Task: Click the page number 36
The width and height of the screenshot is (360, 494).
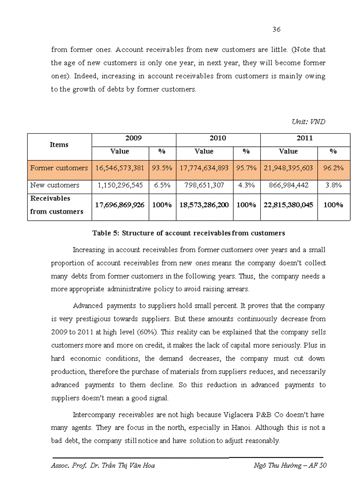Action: click(x=276, y=29)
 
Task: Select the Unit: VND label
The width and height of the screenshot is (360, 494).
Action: click(x=308, y=121)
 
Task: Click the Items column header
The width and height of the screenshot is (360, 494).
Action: click(x=59, y=145)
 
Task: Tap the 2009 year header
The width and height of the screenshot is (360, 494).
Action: click(x=134, y=138)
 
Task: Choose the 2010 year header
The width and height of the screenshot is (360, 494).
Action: click(x=218, y=138)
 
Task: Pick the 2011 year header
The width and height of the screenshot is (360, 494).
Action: click(x=305, y=138)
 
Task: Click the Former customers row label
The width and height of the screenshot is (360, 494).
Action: click(x=59, y=168)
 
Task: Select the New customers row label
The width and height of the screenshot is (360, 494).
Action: click(x=55, y=185)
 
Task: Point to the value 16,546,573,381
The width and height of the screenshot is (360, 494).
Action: click(x=120, y=168)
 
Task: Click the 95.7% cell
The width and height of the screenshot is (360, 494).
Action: click(x=246, y=168)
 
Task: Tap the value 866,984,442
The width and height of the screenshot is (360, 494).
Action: click(x=288, y=185)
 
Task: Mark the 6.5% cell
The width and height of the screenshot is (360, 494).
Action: click(x=162, y=185)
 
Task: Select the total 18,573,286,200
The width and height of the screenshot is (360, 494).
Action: click(x=204, y=205)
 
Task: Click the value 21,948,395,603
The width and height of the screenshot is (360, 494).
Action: click(x=288, y=168)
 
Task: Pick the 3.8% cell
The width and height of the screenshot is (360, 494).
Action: click(x=333, y=185)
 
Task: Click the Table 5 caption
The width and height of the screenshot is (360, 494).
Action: click(x=189, y=233)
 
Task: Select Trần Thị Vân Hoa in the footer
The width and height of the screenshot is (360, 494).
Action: click(x=129, y=465)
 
